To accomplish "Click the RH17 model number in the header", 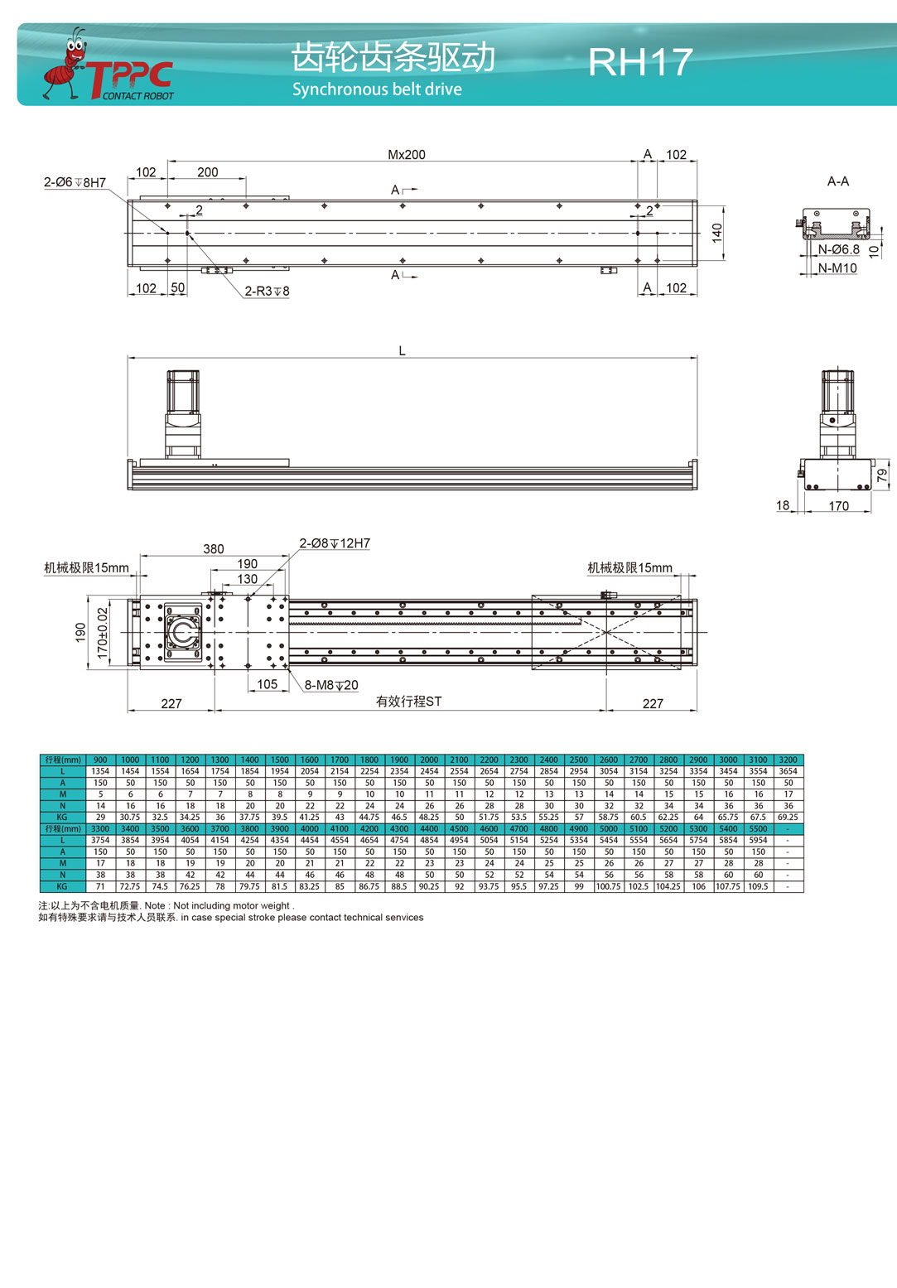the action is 640,62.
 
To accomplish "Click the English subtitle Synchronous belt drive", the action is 377,89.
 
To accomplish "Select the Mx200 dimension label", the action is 407,155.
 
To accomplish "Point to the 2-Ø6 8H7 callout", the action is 75,182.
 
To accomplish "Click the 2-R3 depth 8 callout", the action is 267,291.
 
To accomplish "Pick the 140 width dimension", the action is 716,233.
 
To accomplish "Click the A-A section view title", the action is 837,181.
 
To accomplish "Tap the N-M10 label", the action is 837,268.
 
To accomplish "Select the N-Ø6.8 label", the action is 838,249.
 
